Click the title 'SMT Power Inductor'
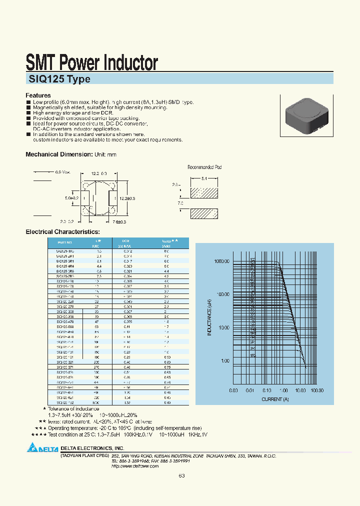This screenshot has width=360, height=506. tap(91, 63)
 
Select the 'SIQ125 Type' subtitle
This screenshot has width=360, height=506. tap(58, 79)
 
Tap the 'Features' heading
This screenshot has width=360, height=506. tap(38, 95)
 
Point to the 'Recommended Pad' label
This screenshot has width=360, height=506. tap(204, 167)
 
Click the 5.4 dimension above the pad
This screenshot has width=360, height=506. tap(204, 177)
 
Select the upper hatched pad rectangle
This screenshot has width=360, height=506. tap(204, 192)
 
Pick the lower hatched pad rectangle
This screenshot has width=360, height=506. tap(204, 213)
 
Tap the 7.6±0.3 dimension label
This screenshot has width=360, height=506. tap(119, 221)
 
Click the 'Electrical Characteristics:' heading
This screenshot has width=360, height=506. tap(62, 232)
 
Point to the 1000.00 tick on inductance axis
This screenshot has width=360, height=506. tap(221, 261)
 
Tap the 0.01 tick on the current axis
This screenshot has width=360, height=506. tap(250, 390)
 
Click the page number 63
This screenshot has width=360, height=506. tap(181, 475)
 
